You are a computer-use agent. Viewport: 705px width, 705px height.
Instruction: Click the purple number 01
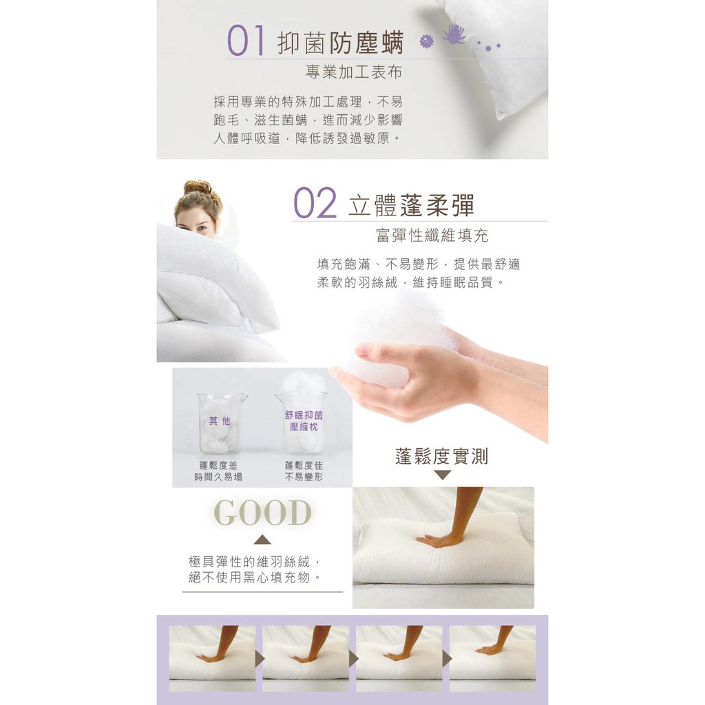coord(246,40)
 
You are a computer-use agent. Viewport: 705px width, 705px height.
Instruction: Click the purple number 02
coord(315,203)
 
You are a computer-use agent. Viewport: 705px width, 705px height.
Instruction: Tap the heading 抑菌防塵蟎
coord(341,43)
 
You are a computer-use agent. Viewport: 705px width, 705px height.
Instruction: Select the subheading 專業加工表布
coord(354,72)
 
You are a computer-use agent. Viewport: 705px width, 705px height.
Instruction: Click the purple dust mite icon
coord(454,34)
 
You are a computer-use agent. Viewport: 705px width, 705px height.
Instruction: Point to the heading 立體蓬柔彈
coord(412,205)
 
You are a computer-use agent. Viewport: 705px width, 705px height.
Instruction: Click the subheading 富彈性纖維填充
coord(432,235)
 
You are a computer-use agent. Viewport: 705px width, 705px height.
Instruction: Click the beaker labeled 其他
coord(221,423)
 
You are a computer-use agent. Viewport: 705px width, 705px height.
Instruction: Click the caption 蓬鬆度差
coord(218,465)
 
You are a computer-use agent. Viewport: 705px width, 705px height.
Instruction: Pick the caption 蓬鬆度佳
coord(304,465)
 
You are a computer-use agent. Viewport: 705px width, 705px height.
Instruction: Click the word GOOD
coord(262,512)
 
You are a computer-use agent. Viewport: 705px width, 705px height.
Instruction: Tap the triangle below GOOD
coord(262,540)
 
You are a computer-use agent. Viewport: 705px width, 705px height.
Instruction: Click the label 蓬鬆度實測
coord(441,456)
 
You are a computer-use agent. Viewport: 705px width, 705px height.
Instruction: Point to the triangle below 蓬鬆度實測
coord(443,475)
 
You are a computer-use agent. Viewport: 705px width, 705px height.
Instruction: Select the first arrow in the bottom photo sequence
coord(260,658)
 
